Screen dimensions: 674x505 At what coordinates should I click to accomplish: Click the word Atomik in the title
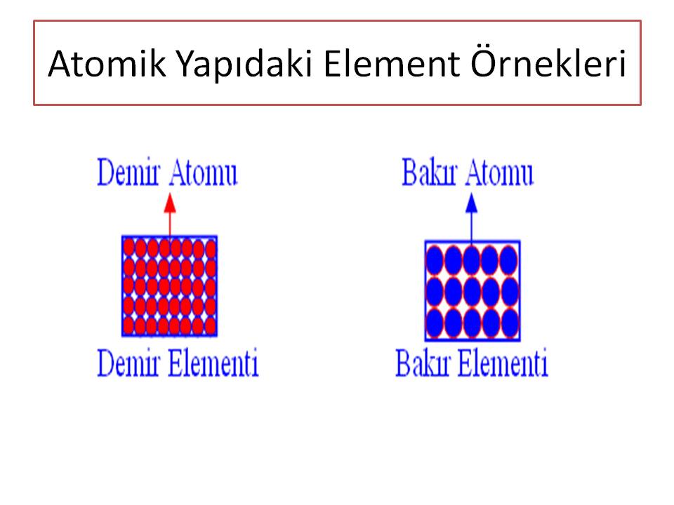(107, 64)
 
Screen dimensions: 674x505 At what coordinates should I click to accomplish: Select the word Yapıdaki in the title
(244, 66)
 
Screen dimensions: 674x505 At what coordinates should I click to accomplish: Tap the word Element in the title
(391, 64)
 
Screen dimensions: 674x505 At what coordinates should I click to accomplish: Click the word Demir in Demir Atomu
(128, 173)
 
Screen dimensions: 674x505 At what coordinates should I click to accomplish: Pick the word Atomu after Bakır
(499, 173)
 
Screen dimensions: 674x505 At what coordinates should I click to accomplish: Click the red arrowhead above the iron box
(170, 203)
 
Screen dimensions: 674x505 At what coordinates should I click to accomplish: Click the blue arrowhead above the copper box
(472, 203)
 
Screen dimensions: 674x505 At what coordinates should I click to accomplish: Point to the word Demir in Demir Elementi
(128, 363)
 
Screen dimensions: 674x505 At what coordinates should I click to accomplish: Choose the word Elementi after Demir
(213, 363)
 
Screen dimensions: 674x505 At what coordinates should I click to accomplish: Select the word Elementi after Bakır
(503, 363)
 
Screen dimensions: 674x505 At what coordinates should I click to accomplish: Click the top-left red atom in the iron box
(129, 248)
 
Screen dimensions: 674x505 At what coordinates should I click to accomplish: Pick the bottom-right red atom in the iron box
(210, 326)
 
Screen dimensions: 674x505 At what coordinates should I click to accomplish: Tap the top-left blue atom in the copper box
(435, 260)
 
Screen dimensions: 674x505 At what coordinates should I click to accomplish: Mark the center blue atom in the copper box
(472, 292)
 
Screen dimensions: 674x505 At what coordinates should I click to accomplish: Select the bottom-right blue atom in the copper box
(510, 323)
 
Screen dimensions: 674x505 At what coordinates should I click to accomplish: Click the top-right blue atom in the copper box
(509, 260)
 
